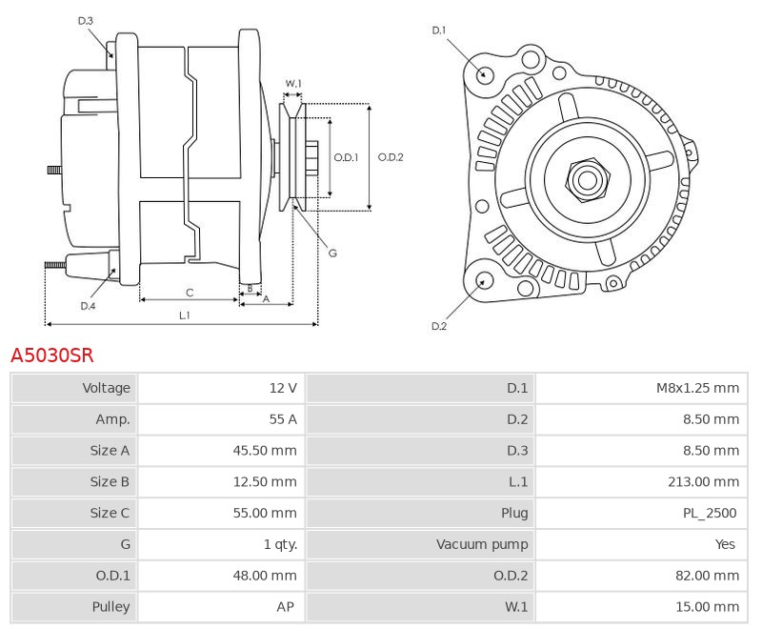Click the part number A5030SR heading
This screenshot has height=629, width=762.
click(x=52, y=355)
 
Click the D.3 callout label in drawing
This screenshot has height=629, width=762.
click(x=85, y=20)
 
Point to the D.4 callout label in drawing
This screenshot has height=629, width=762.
click(x=88, y=306)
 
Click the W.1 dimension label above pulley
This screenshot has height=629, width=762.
click(x=293, y=84)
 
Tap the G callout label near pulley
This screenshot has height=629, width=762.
click(x=332, y=253)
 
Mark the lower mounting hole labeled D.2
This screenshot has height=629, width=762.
click(x=484, y=280)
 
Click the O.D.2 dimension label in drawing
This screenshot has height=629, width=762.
click(x=391, y=157)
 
